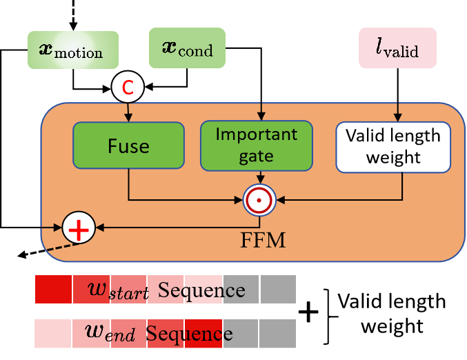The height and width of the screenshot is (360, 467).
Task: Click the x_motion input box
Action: pyautogui.click(x=73, y=50)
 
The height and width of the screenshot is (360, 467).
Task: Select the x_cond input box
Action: pyautogui.click(x=187, y=48)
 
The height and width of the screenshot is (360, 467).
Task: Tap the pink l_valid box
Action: pyautogui.click(x=397, y=48)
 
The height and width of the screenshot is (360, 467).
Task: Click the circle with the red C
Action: pyautogui.click(x=128, y=87)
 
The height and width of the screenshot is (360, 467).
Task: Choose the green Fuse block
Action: pyautogui.click(x=128, y=146)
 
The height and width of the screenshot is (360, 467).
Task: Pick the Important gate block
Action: pyautogui.click(x=256, y=146)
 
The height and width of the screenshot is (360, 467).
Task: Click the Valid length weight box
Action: pyautogui.click(x=393, y=146)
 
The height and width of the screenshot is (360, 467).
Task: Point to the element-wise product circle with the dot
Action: pyautogui.click(x=259, y=201)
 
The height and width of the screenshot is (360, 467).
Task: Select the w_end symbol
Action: pyautogui.click(x=110, y=334)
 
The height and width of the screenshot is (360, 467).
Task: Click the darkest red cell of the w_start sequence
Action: pyautogui.click(x=53, y=289)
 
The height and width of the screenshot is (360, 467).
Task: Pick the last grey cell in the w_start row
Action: pyautogui.click(x=277, y=289)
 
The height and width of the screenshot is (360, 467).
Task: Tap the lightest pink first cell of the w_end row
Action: pyautogui.click(x=53, y=333)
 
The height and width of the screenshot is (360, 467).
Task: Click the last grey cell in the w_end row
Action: pyautogui.click(x=277, y=333)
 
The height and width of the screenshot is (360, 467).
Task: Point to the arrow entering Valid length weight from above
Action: pyautogui.click(x=397, y=112)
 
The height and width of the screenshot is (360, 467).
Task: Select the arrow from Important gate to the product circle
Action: pyautogui.click(x=259, y=178)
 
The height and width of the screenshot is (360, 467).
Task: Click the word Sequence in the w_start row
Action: pyautogui.click(x=201, y=290)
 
